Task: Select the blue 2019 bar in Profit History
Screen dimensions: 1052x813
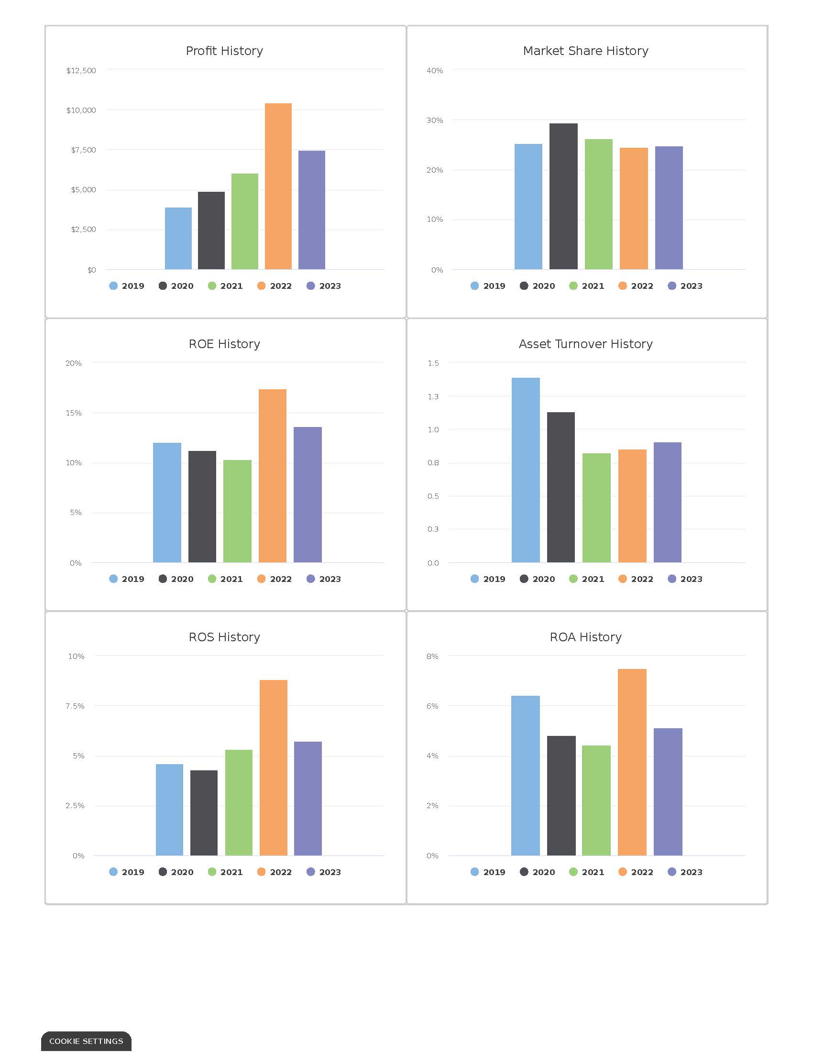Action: [178, 239]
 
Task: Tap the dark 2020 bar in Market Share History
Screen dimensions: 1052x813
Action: [563, 196]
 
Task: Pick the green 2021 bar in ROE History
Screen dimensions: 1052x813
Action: [237, 511]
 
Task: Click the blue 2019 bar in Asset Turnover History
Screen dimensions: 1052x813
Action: [526, 470]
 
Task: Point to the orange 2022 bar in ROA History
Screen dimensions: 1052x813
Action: [632, 762]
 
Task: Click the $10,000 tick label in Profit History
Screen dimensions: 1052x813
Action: [81, 110]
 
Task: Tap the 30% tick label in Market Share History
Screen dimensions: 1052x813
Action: [434, 121]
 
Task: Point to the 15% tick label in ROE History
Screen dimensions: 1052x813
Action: [74, 413]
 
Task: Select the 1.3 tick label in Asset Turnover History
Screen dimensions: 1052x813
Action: [433, 396]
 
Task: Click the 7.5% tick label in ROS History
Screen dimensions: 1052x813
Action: [75, 706]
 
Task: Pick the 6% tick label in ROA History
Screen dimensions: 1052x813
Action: [432, 706]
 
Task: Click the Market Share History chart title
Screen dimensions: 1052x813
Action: [585, 51]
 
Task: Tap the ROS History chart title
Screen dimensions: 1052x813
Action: [224, 637]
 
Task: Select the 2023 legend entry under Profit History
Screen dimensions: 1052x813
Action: [324, 285]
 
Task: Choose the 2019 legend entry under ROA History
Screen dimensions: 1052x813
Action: [487, 872]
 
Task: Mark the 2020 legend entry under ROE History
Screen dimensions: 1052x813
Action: [176, 579]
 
